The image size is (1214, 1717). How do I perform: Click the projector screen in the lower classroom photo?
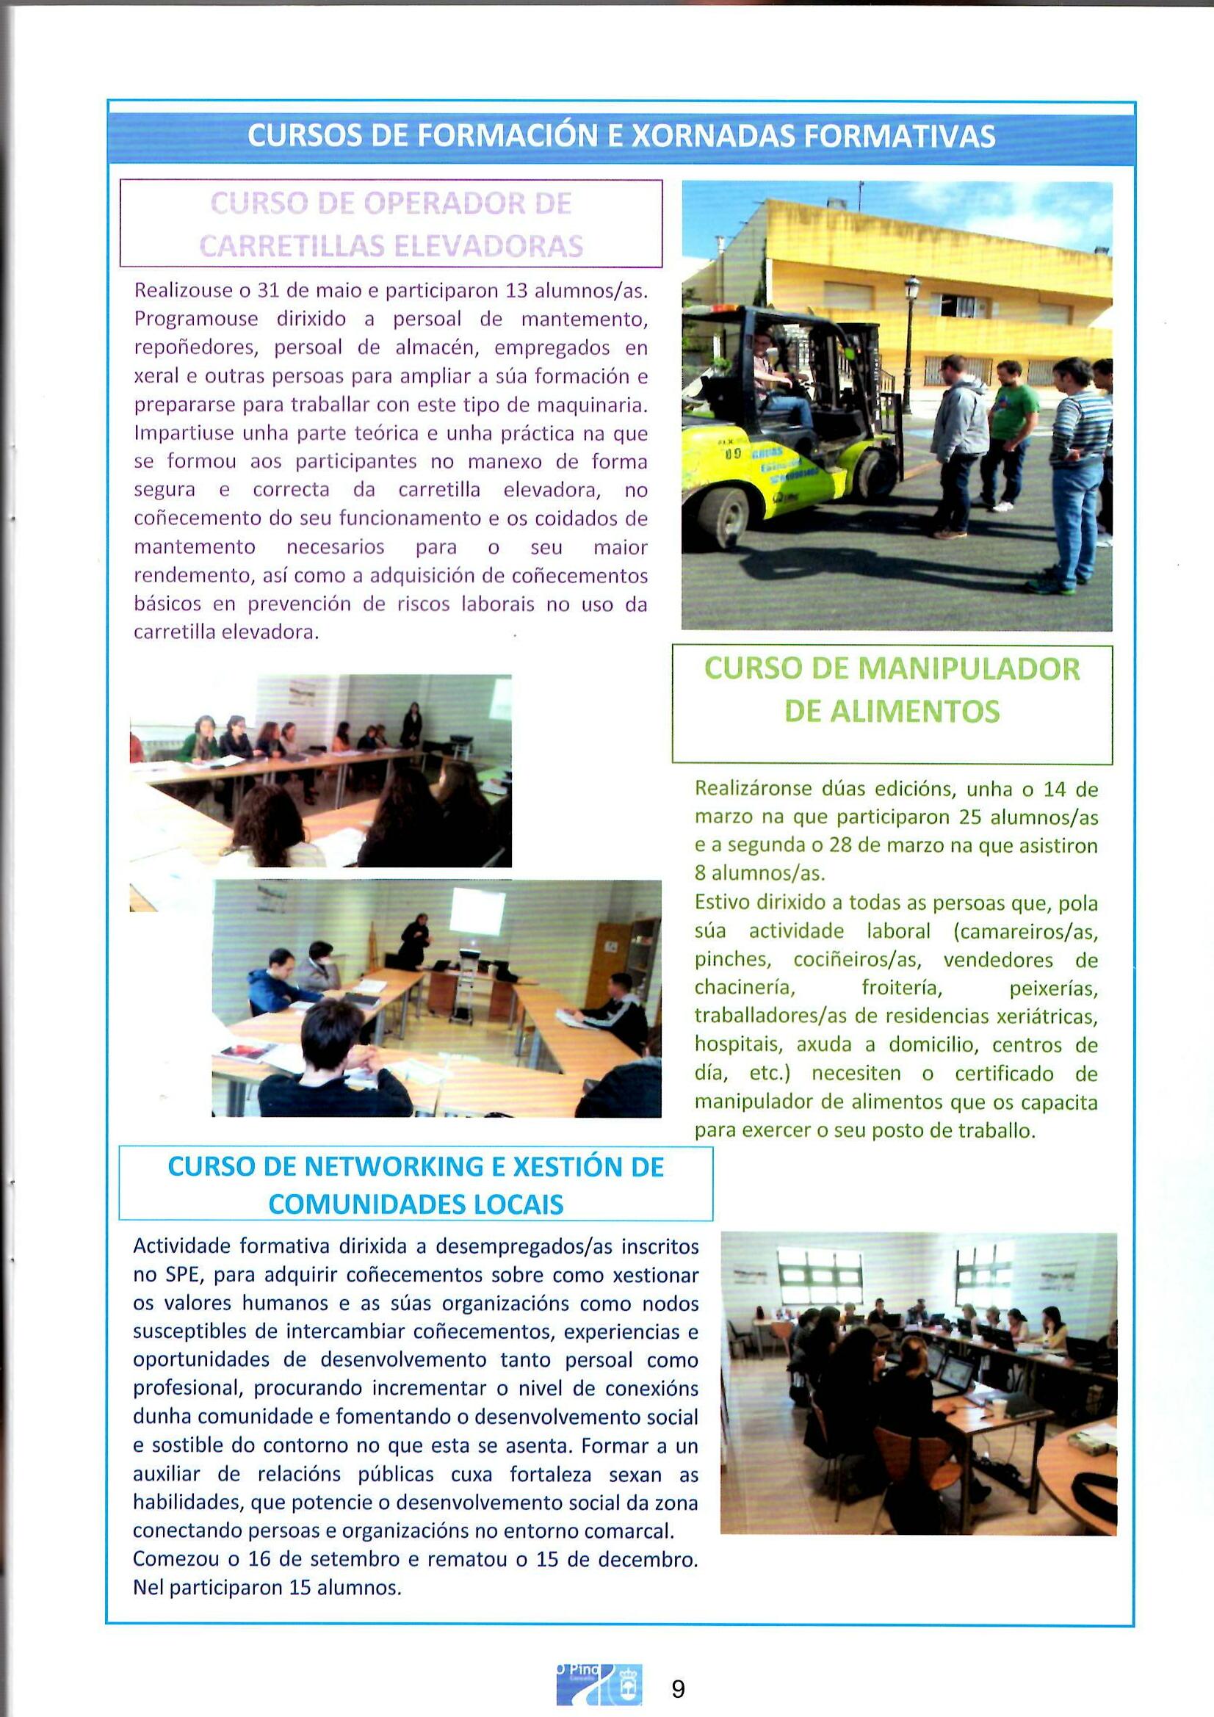[478, 911]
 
